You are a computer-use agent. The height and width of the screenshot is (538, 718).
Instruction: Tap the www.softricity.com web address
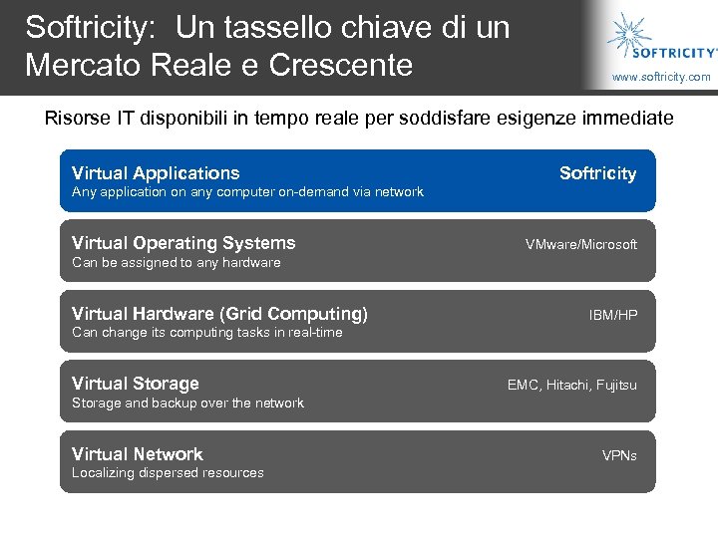(661, 77)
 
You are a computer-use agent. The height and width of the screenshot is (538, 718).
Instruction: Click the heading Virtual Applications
(156, 173)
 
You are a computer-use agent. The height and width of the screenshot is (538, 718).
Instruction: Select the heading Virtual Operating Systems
(183, 243)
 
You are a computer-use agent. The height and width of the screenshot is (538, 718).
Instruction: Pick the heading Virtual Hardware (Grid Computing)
(219, 314)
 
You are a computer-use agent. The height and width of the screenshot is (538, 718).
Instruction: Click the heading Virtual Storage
(136, 384)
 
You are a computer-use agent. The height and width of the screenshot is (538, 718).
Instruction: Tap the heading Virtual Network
(138, 454)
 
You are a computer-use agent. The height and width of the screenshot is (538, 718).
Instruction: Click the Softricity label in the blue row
(597, 173)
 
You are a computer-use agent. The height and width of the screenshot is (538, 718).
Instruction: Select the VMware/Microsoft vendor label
(581, 244)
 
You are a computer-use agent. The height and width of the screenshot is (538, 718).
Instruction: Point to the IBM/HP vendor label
(613, 315)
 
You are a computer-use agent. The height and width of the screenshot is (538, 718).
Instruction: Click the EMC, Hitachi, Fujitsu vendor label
(571, 385)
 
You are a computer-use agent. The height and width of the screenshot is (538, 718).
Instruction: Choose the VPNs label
(619, 455)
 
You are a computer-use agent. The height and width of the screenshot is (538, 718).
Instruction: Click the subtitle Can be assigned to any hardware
(177, 263)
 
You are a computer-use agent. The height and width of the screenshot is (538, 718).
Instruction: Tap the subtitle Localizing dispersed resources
(168, 473)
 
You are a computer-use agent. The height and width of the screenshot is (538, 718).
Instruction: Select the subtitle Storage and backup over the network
(187, 403)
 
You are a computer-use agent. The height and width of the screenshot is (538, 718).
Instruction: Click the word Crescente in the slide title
(341, 65)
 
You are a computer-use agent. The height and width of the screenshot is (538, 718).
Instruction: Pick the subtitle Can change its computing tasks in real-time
(206, 333)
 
